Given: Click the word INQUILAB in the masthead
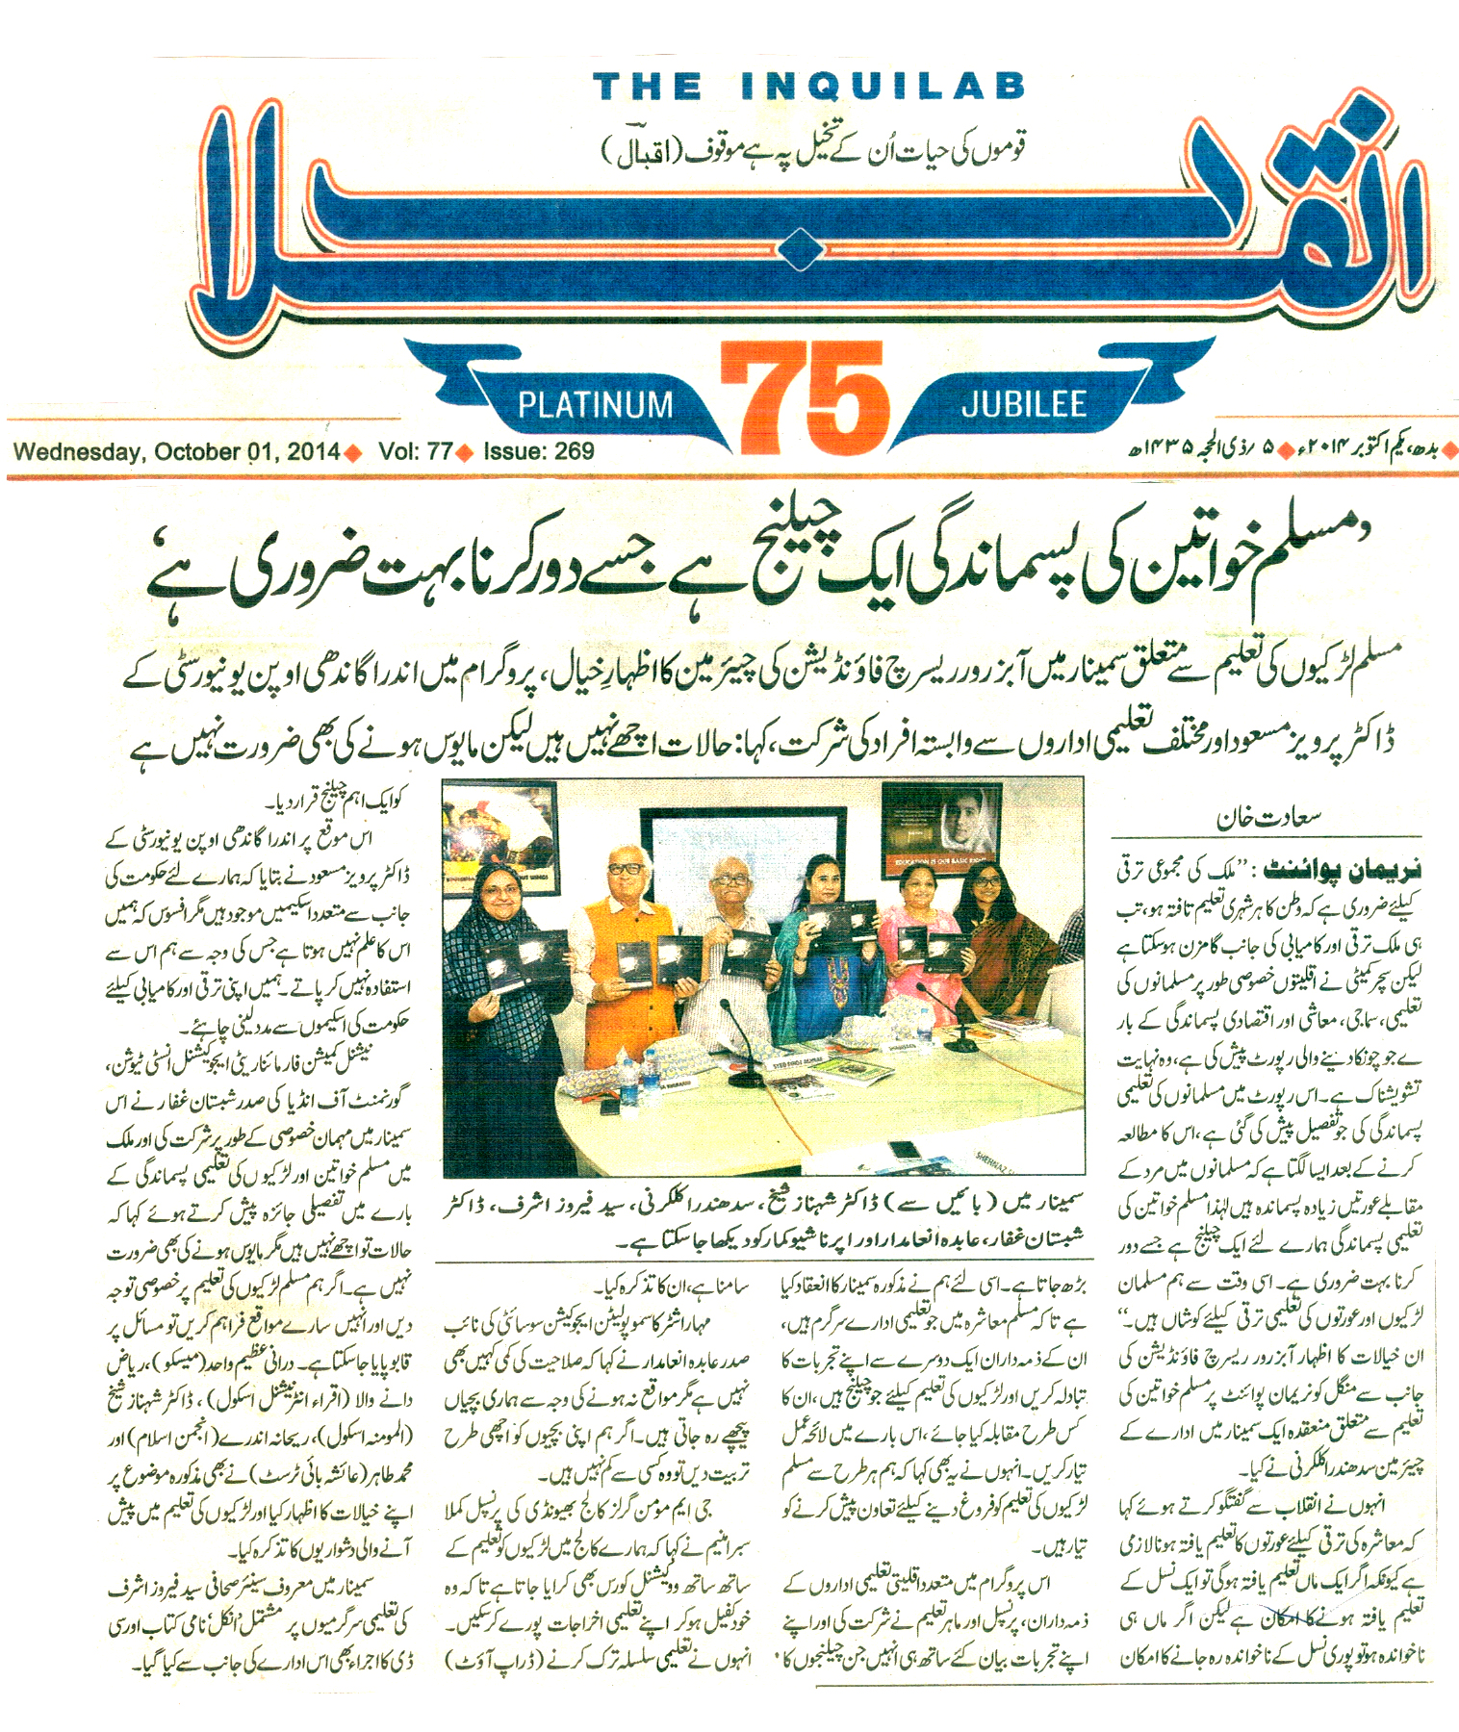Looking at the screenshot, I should tap(883, 87).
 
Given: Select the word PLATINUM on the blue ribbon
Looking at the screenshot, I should tap(595, 404).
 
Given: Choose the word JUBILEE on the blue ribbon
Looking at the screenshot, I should tap(1024, 404).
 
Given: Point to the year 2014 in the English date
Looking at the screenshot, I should tap(313, 451).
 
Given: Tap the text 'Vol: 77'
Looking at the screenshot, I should tap(415, 451).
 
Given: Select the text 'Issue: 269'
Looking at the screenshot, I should tap(539, 451).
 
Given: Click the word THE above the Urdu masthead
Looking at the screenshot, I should tap(647, 87).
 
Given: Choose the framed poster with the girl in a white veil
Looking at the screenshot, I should tap(941, 835).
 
